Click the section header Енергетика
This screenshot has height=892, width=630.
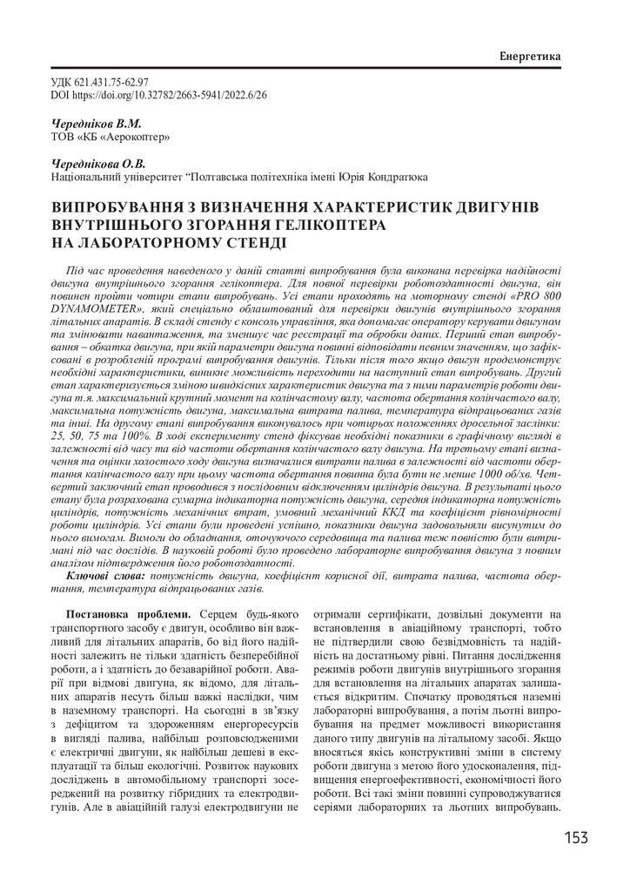(x=529, y=57)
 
